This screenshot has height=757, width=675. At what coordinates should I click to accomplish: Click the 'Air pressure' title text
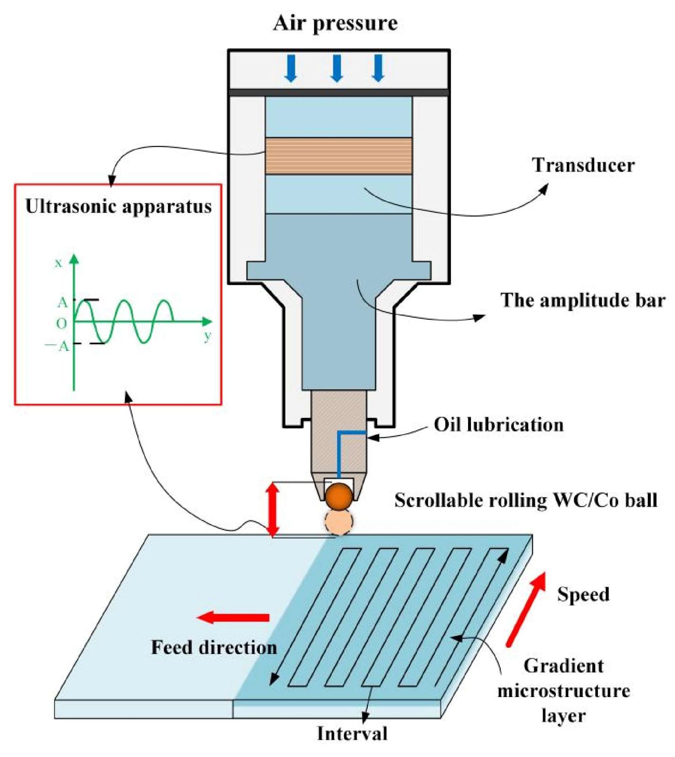335,23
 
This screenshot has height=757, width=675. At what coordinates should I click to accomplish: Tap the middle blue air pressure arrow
336,68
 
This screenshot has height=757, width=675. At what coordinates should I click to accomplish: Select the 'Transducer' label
583,165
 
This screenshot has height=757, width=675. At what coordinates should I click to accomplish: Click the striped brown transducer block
338,156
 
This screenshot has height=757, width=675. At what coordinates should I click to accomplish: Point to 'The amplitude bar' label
583,300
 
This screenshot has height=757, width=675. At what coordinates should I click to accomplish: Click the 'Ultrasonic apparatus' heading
118,207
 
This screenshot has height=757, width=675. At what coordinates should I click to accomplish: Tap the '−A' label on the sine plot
57,346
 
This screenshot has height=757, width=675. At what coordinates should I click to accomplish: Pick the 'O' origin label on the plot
61,323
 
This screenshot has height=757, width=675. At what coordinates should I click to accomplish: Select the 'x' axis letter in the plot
58,263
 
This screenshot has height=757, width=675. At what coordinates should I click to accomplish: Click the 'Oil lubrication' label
499,425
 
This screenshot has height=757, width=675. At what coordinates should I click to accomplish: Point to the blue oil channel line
339,452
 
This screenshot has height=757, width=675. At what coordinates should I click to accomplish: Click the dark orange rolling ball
339,496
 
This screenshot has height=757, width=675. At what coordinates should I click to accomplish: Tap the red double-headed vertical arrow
273,510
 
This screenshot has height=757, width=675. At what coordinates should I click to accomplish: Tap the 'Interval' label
352,734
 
